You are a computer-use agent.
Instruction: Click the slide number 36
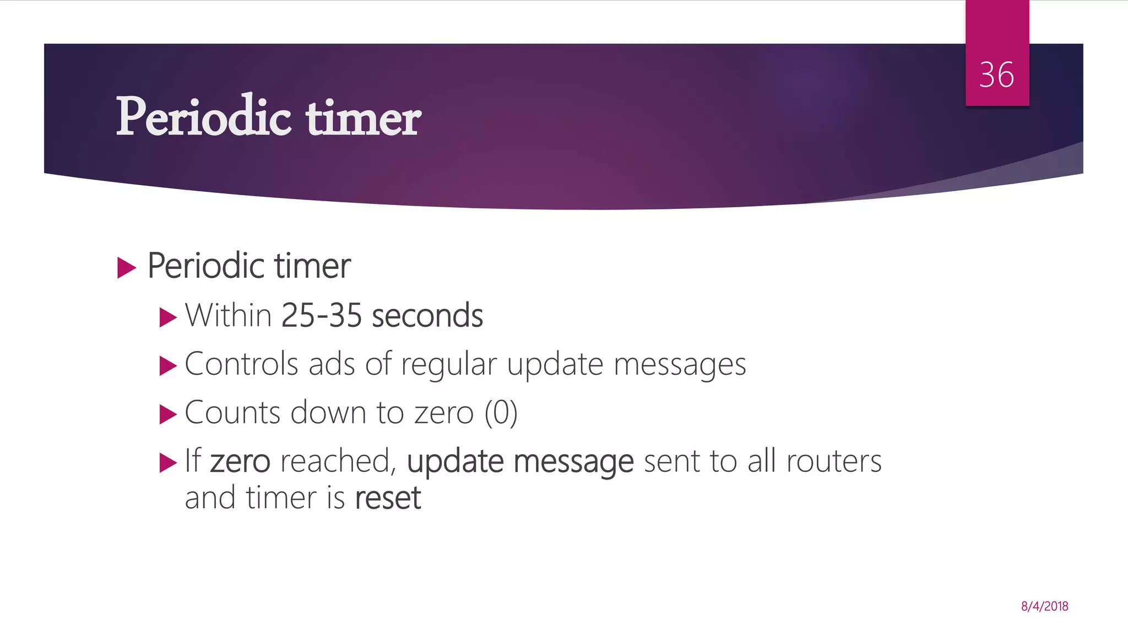coord(996,75)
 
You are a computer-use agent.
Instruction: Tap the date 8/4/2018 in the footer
coord(1044,606)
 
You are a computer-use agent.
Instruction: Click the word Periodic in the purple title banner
coord(203,117)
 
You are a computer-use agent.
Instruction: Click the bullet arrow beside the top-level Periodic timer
coord(127,268)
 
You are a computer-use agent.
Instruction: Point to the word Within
coord(228,315)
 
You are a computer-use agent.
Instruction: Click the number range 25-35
coord(322,315)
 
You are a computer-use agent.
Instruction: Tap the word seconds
coord(427,315)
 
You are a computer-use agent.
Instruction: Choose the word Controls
coord(241,364)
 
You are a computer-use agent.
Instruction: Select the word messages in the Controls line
coord(680,365)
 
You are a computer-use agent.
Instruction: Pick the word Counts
coord(232,412)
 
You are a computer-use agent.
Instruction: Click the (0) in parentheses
coord(501,412)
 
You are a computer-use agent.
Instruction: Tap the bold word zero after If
coord(240,461)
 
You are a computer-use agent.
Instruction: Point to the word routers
coord(834,461)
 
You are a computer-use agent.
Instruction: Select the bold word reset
coord(388,498)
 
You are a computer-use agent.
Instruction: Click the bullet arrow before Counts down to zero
coord(168,415)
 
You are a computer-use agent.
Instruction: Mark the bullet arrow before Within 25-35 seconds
coord(168,317)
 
